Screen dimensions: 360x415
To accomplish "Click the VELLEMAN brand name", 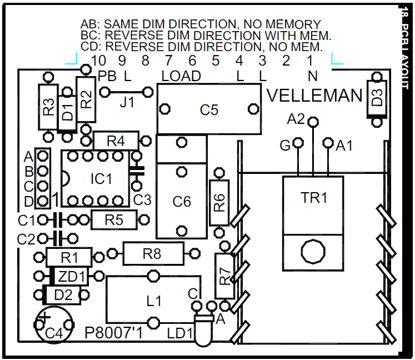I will pos(314,96).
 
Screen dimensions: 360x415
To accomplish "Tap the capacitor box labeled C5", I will pos(209,109).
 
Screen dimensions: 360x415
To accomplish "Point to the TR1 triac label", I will pos(314,198).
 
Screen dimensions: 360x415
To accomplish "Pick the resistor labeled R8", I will pos(152,254).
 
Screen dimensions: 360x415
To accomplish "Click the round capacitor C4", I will pos(53,325).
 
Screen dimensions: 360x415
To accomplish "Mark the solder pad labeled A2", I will pos(313,121).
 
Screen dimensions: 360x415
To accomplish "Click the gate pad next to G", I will pos(298,143).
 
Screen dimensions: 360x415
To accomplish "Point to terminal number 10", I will pos(98,59).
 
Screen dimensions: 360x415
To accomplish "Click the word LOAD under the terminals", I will pos(181,76).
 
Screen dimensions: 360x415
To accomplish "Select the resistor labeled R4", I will pos(115,141).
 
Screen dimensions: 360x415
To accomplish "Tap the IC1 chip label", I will pos(101,179).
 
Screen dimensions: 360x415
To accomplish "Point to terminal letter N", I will pos(314,76).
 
